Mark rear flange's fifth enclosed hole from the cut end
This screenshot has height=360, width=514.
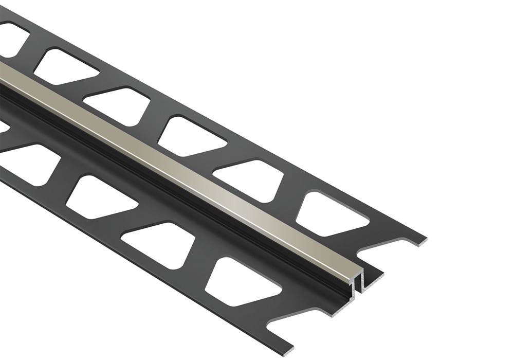pyautogui.click(x=67, y=66)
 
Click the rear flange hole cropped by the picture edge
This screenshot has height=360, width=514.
pyautogui.click(x=11, y=39)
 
